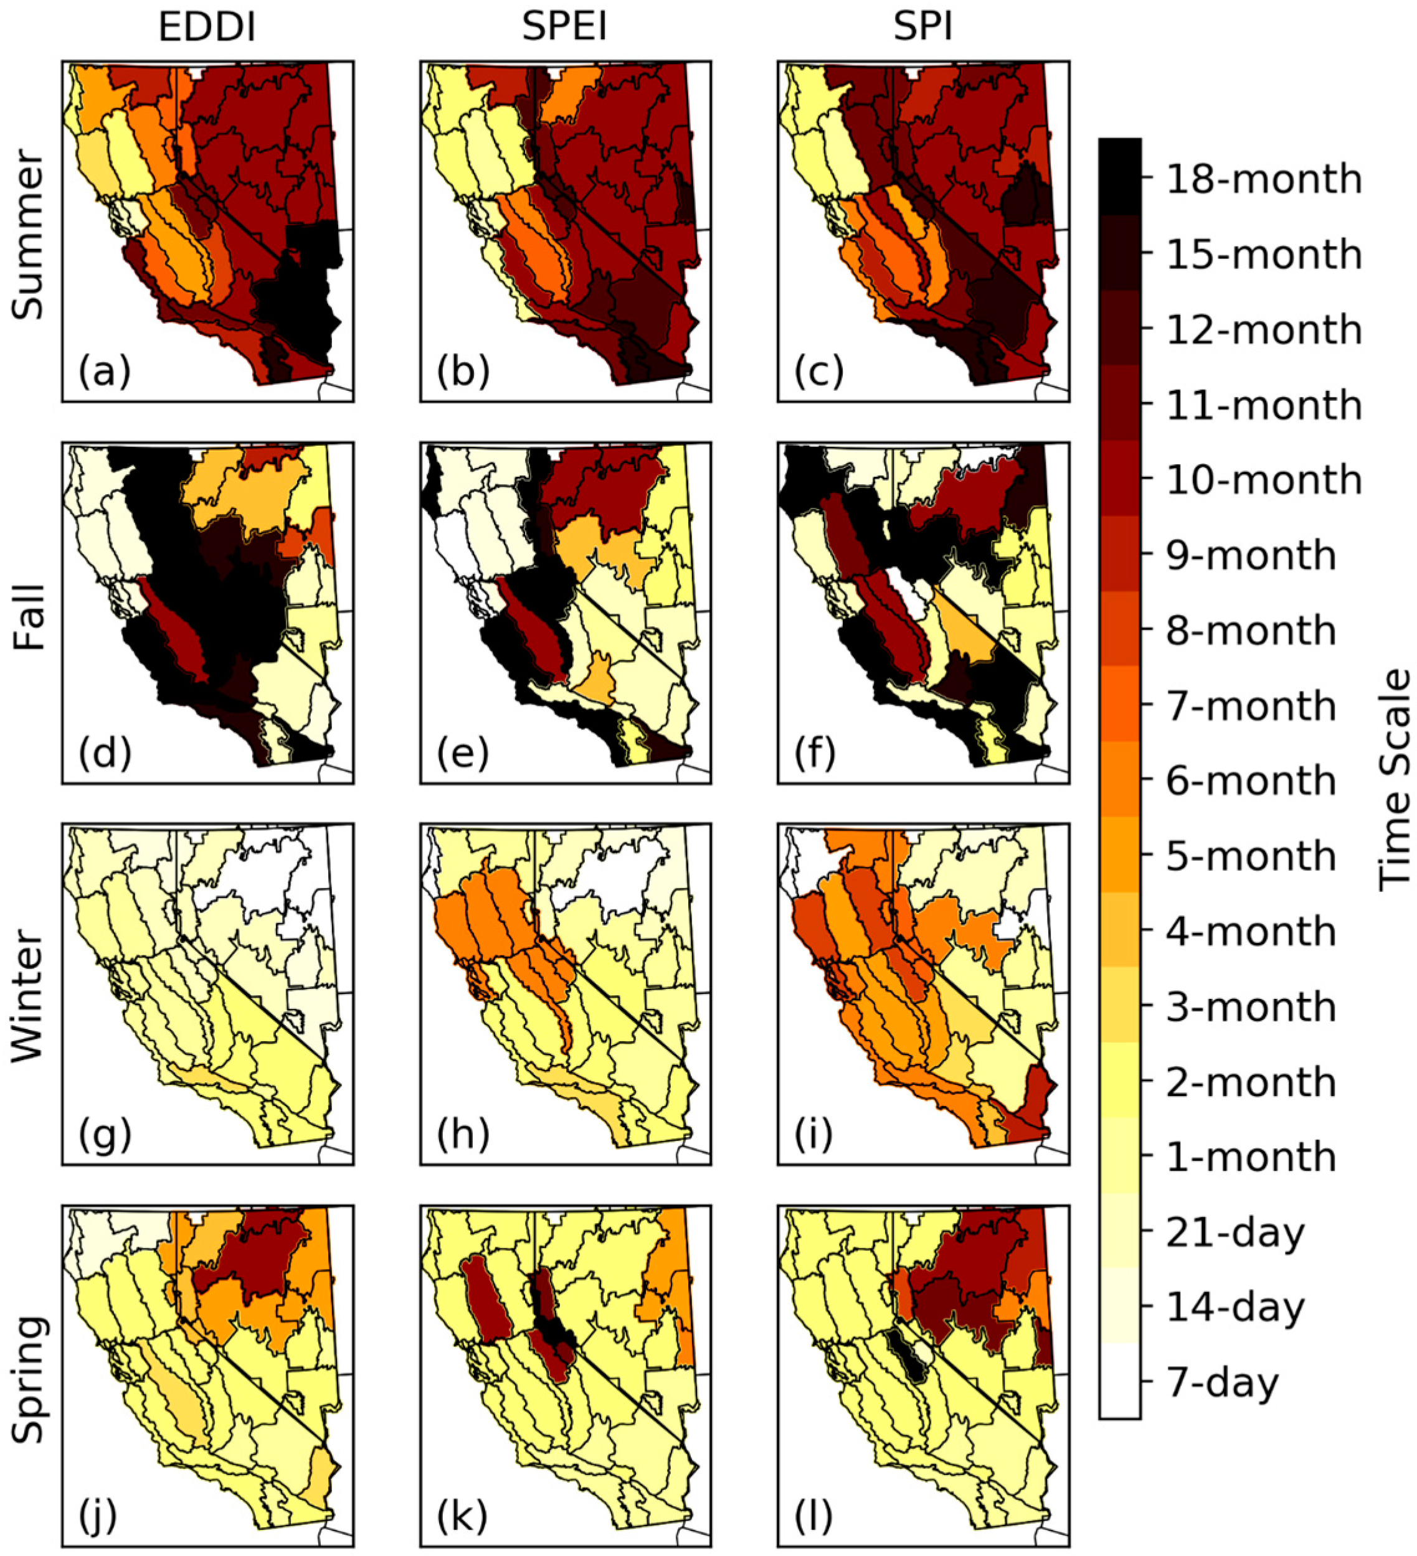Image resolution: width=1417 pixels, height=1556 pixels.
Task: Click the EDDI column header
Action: tap(207, 29)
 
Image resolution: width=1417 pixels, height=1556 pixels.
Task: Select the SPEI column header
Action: tap(564, 29)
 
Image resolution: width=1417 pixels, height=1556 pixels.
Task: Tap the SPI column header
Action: tap(923, 29)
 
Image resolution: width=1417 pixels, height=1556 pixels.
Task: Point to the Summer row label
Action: tap(29, 235)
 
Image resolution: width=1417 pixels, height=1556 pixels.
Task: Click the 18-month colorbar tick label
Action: tap(1263, 179)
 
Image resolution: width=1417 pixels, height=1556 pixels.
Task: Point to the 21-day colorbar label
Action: tap(1235, 1232)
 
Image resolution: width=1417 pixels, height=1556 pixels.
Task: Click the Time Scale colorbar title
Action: tap(1395, 779)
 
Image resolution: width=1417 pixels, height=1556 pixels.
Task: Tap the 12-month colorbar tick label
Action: tap(1263, 330)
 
